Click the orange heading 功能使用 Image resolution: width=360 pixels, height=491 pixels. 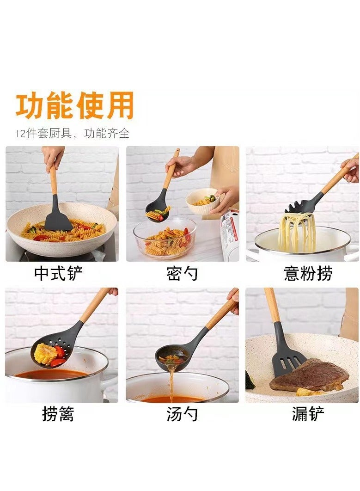(x=75, y=105)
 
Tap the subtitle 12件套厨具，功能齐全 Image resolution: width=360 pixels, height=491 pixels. (x=73, y=134)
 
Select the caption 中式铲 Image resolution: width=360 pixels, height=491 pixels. (x=59, y=273)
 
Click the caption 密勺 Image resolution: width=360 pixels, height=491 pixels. (x=182, y=273)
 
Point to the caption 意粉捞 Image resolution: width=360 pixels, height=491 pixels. (x=308, y=273)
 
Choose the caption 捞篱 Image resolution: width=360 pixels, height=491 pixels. (x=58, y=414)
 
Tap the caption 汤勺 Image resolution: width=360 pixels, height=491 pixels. (x=182, y=414)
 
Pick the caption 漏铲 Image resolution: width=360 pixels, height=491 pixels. (x=308, y=414)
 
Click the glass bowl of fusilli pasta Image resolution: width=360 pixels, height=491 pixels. (x=165, y=238)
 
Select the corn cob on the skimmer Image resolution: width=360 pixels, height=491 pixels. (x=45, y=354)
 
